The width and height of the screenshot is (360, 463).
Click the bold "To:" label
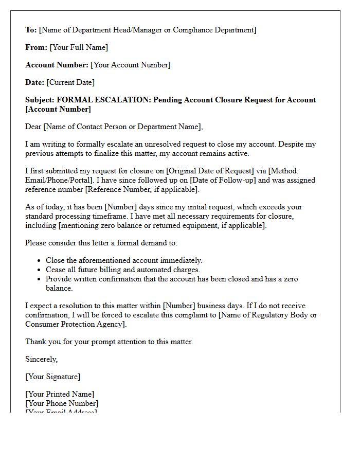(31, 30)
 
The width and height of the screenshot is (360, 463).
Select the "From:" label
(36, 47)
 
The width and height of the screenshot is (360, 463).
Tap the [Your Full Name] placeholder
(79, 47)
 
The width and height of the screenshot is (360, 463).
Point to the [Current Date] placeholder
(70, 82)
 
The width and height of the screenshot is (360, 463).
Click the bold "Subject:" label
(40, 100)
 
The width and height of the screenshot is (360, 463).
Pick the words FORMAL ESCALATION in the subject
(103, 100)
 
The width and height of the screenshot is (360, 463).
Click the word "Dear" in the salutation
(34, 127)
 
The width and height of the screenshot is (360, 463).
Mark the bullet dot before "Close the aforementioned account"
(40, 261)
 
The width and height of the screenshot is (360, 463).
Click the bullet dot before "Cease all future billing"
(40, 270)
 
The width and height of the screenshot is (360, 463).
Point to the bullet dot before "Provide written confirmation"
(40, 279)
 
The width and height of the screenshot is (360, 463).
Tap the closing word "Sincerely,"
(42, 359)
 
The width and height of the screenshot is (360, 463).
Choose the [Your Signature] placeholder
(52, 377)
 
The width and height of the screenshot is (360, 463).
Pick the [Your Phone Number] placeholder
(62, 403)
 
